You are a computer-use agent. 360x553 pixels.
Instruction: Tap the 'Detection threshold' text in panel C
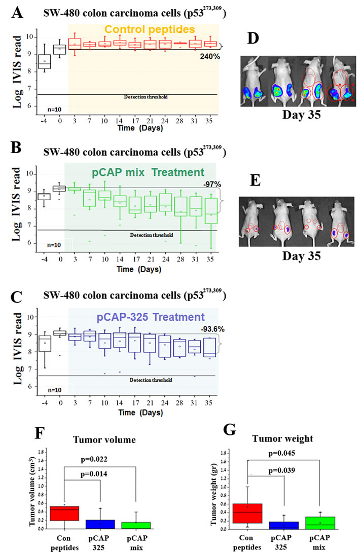151,380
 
